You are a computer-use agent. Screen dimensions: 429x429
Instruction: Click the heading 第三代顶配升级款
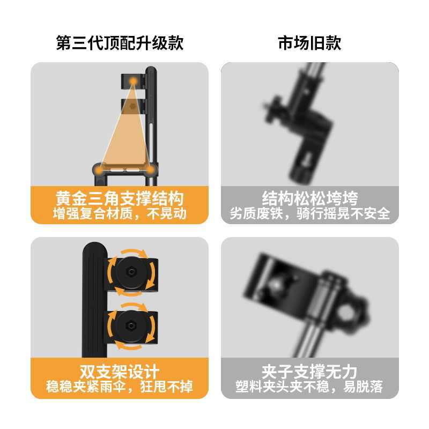coord(120,43)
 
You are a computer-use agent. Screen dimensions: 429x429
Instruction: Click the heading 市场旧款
coord(309,43)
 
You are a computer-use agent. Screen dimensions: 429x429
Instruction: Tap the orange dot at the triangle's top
coord(132,82)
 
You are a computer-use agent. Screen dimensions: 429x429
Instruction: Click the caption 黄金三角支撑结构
coord(120,198)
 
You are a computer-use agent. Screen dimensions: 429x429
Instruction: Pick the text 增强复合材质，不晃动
coord(120,213)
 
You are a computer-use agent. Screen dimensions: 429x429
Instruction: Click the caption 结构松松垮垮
coord(309,198)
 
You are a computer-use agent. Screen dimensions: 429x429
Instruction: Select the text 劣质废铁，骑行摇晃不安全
coord(309,213)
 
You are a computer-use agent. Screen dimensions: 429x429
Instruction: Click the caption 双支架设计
coord(120,371)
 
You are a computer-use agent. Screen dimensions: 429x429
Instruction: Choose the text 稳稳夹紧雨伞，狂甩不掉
coord(120,386)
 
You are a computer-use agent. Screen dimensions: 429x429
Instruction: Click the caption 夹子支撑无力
coord(309,371)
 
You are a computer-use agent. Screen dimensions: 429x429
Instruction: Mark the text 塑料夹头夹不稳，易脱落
coord(309,386)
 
